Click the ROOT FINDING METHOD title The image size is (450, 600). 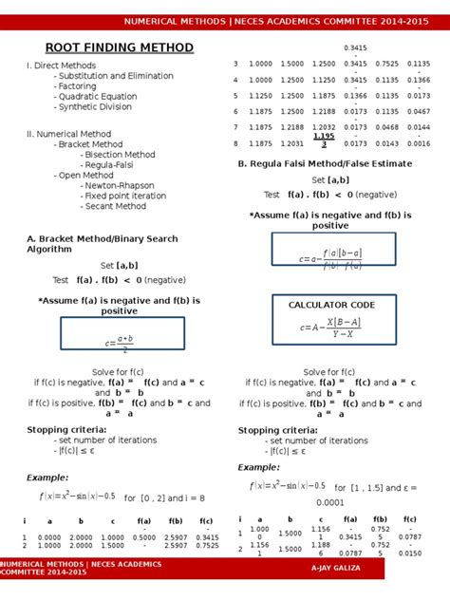[120, 48]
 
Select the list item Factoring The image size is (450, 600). [77, 86]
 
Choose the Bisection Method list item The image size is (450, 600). [120, 155]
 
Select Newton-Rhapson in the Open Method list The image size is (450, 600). [120, 185]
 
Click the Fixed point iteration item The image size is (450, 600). [121, 196]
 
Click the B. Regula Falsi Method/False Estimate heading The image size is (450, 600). [325, 163]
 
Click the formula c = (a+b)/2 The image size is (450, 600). [119, 342]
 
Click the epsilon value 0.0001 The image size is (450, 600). [329, 502]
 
